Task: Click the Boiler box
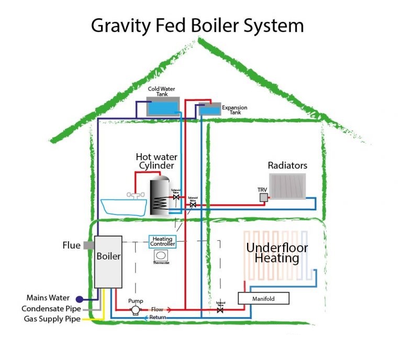[x=108, y=262]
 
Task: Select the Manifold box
[x=263, y=298]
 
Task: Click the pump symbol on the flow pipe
[x=136, y=310]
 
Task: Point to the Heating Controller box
[x=162, y=241]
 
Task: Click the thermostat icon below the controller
[x=162, y=255]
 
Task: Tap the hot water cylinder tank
[x=158, y=197]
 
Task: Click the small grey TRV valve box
[x=263, y=197]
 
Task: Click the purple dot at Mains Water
[x=79, y=299]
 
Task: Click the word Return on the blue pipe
[x=158, y=318]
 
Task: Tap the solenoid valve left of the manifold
[x=220, y=310]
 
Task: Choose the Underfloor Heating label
[x=277, y=253]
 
